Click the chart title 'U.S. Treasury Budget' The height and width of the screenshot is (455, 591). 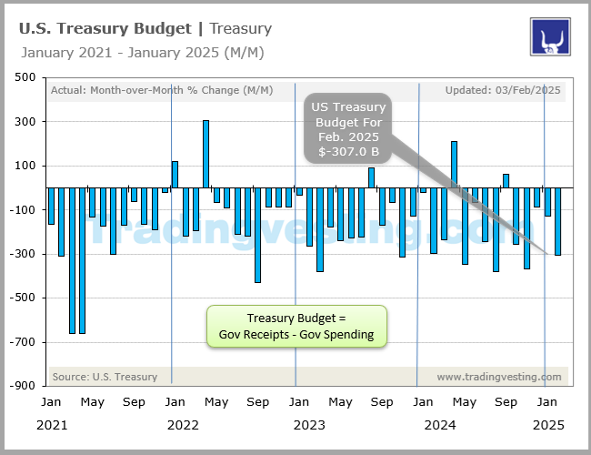pos(104,28)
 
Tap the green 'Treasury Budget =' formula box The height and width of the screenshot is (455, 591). pos(296,327)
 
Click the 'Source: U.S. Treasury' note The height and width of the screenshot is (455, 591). pos(105,377)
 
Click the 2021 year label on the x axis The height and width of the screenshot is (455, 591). pos(52,424)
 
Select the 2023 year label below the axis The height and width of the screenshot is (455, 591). pos(309,424)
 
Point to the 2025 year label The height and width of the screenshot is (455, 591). pos(546,424)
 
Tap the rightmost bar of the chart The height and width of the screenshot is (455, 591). pos(557,221)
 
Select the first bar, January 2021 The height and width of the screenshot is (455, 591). pos(52,206)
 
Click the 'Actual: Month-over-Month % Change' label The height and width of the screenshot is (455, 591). pos(134,90)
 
